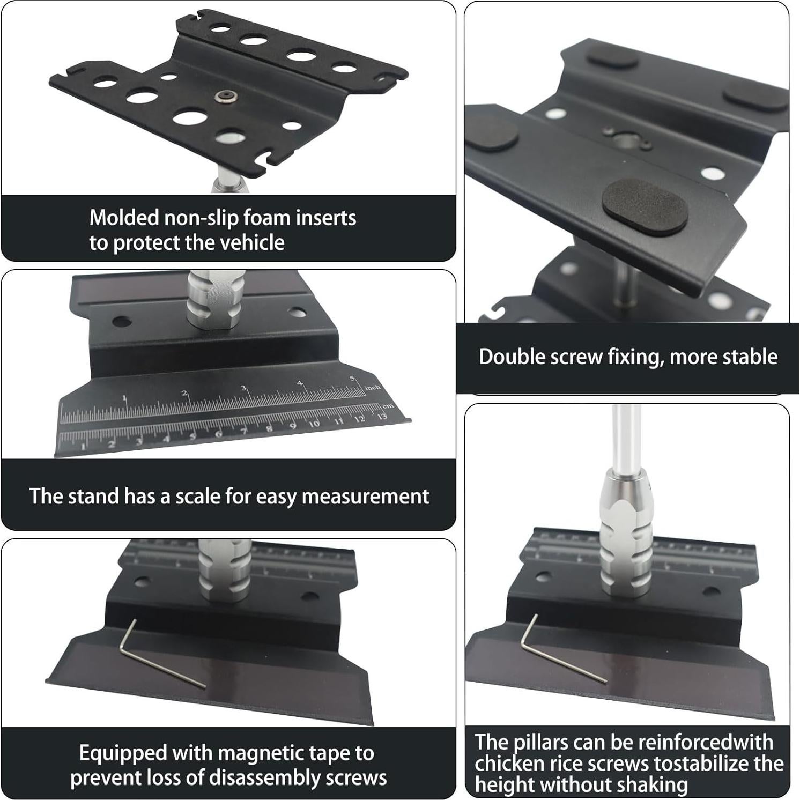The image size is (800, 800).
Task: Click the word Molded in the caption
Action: point(124,218)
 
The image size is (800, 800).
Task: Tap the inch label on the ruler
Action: point(373,387)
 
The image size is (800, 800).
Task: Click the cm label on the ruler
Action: point(388,405)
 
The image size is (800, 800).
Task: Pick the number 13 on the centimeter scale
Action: point(382,416)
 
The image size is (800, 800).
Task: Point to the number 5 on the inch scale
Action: point(352,379)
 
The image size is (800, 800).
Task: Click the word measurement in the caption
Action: point(365,497)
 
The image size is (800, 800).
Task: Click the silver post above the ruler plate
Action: point(215,300)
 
